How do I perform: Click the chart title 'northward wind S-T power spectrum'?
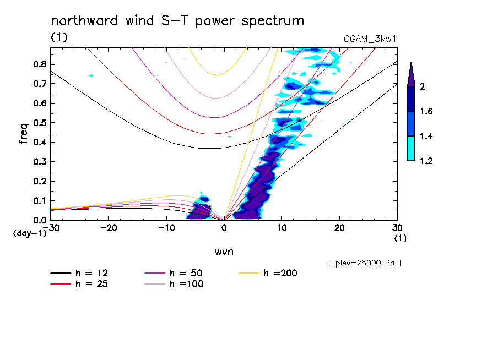177,21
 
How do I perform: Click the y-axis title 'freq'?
23,133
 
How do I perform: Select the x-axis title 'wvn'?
223,252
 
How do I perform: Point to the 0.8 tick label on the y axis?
39,64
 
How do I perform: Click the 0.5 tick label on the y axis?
39,123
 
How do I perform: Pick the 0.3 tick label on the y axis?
39,162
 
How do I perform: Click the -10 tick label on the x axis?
166,227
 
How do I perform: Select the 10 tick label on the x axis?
282,227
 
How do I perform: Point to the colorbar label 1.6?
427,112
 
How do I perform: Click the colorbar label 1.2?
427,161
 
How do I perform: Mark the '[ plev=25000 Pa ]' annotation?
365,263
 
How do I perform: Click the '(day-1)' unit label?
29,233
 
